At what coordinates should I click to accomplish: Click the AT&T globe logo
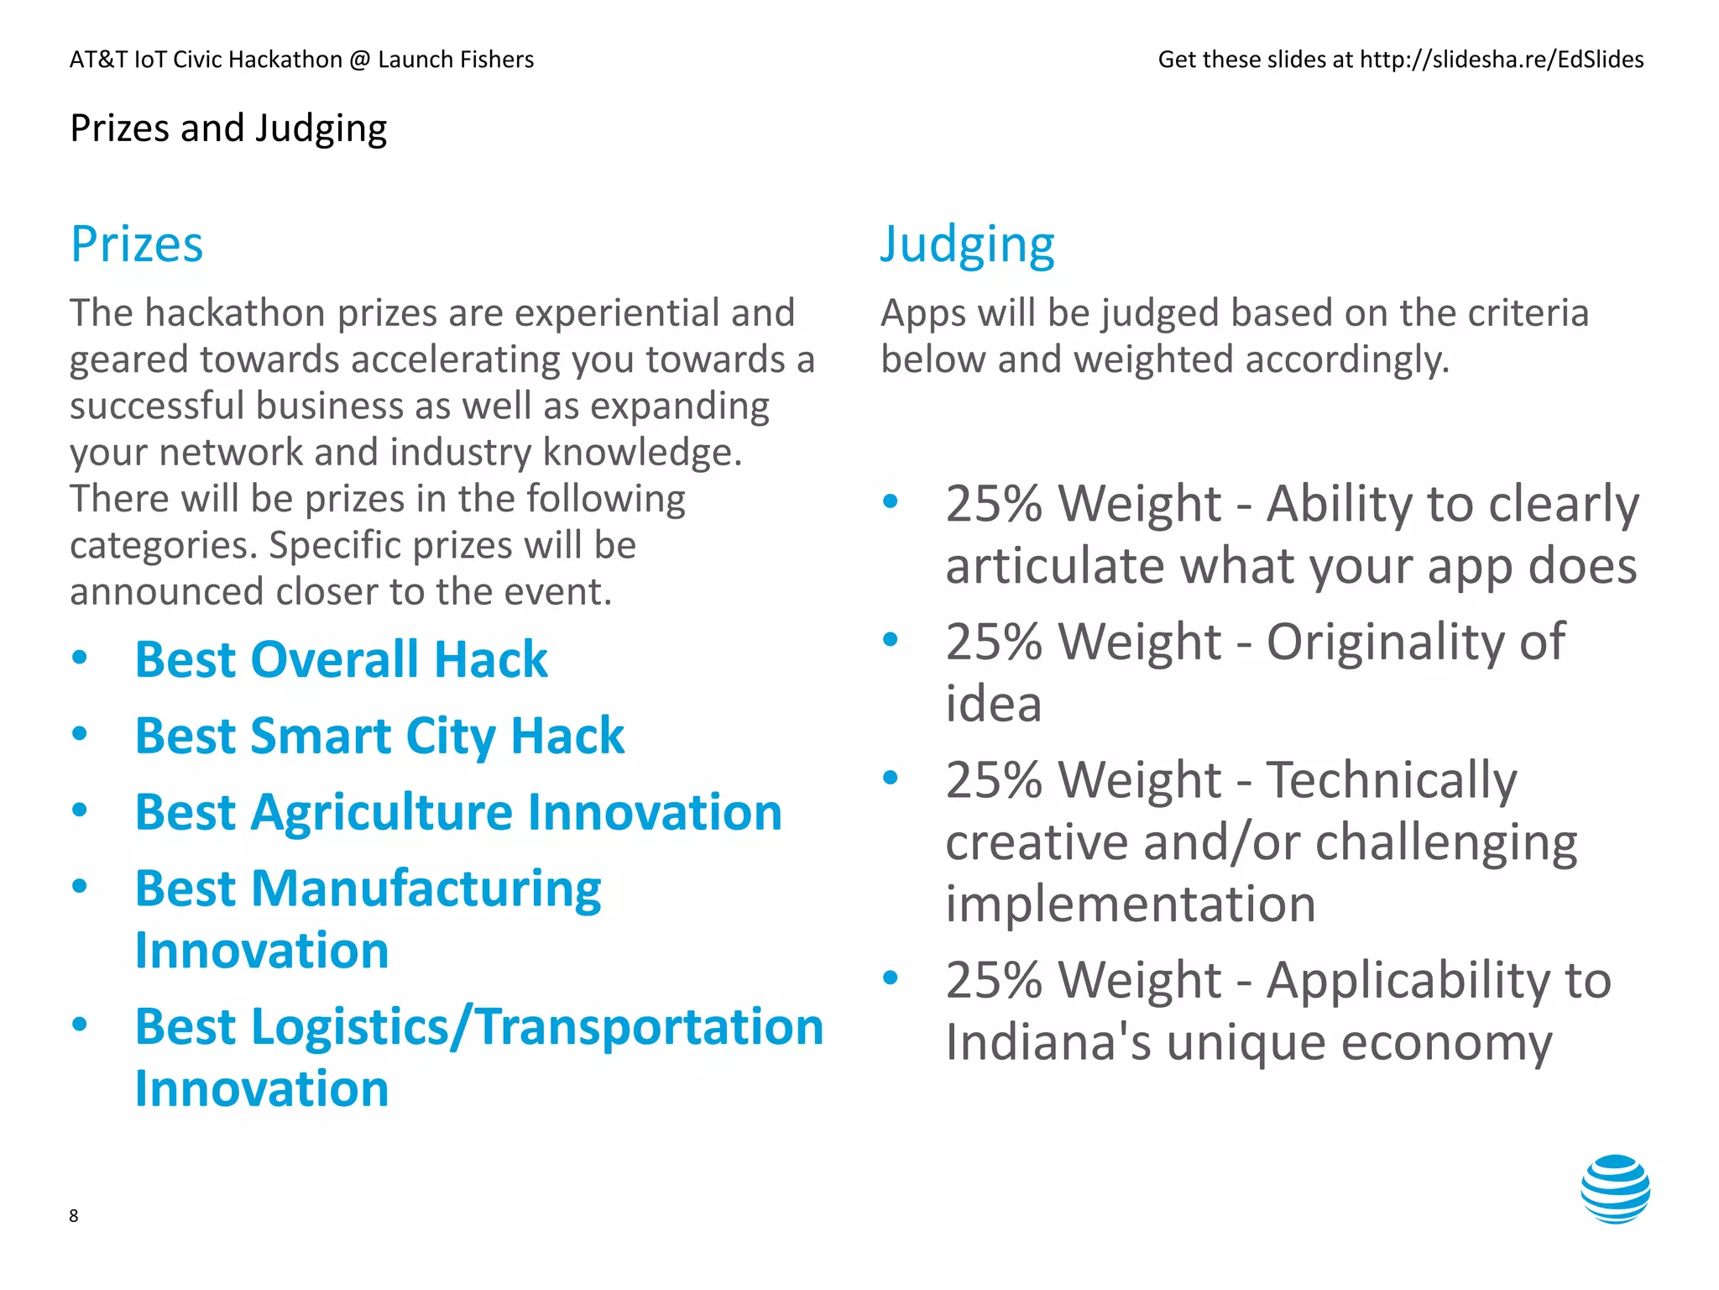point(1614,1188)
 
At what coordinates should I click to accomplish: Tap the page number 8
point(74,1215)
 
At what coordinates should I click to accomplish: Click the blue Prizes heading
point(137,244)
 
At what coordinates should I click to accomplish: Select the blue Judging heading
point(967,244)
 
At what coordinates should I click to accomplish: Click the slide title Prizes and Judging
point(228,128)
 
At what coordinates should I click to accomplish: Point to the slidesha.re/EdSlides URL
point(1501,60)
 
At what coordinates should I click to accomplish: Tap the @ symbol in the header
point(360,60)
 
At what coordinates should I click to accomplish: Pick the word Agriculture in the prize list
point(382,813)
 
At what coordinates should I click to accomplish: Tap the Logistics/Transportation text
point(537,1027)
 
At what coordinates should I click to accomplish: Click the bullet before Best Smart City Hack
point(80,734)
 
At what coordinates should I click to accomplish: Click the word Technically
point(1391,780)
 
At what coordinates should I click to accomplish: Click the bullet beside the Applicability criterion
point(891,977)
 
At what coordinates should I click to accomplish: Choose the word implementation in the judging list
point(1131,905)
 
